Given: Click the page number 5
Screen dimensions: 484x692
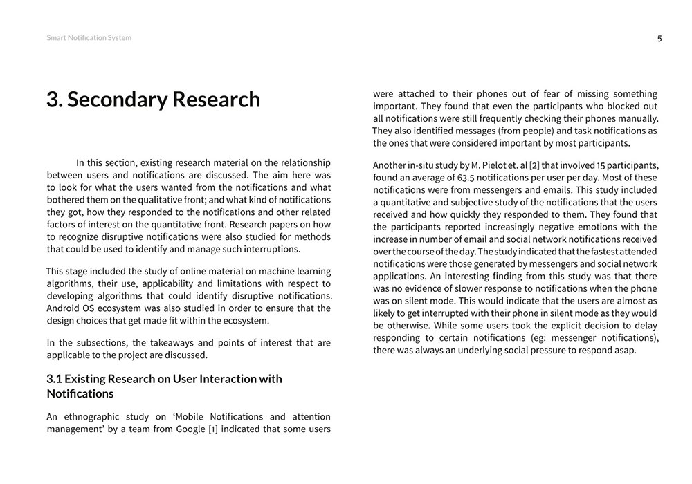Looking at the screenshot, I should pyautogui.click(x=659, y=39).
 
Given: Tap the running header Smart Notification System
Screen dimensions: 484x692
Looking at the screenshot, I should pyautogui.click(x=89, y=38).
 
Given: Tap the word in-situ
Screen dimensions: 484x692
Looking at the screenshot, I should pyautogui.click(x=423, y=165).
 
